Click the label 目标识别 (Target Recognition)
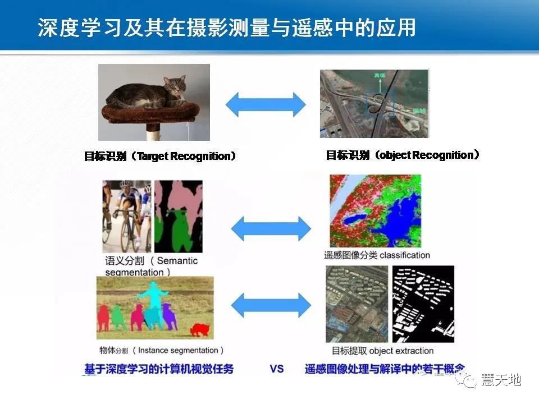160,156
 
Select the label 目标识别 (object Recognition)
403,155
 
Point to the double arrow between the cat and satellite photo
265,103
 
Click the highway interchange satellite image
374,103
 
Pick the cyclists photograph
127,215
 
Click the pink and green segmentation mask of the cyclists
178,215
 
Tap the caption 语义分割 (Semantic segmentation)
151,266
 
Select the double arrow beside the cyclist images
271,228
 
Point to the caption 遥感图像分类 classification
377,255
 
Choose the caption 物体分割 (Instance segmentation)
161,350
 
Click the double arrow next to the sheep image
271,305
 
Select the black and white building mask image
423,304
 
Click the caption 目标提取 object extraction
382,351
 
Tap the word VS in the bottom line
277,369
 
